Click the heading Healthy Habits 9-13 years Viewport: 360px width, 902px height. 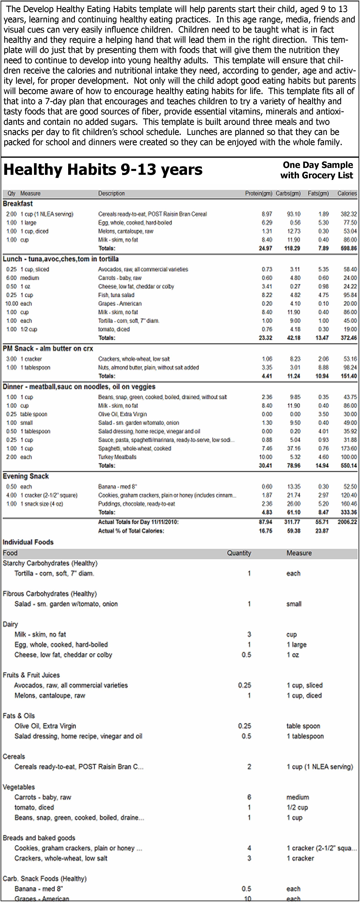(103, 170)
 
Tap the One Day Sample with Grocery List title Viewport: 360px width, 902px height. (317, 170)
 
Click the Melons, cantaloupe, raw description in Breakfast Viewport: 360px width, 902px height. (126, 231)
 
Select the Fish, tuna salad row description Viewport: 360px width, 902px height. (116, 295)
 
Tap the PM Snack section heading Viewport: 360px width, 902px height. (48, 348)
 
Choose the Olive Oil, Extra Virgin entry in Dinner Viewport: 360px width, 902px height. (122, 414)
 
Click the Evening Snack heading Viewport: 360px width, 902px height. (26, 476)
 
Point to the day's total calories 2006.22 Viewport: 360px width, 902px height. (347, 522)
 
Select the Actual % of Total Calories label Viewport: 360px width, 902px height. (131, 531)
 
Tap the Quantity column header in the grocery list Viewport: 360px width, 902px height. (239, 553)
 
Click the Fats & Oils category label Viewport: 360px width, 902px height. (19, 716)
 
